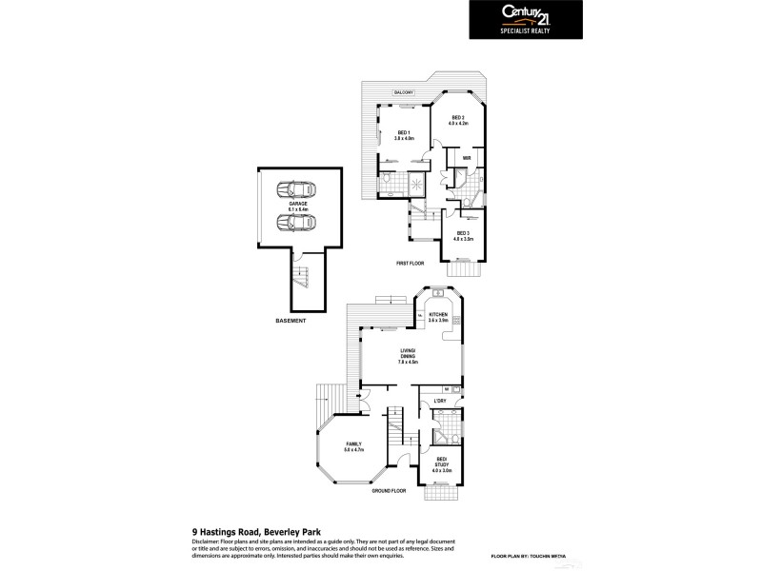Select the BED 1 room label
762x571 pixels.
403,134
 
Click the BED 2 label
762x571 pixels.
457,119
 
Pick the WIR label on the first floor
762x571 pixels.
468,158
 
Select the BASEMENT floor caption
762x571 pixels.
291,321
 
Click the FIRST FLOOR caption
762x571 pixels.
411,263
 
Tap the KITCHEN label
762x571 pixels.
438,317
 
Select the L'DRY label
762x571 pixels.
440,401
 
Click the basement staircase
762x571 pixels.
304,278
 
